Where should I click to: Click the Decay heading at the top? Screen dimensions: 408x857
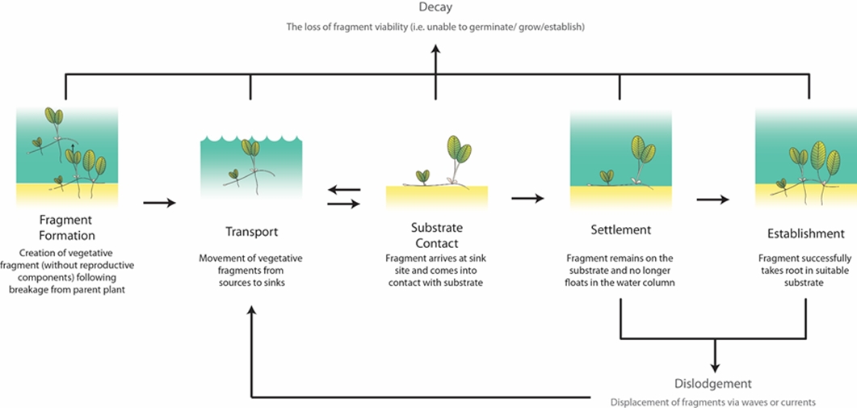tap(435, 8)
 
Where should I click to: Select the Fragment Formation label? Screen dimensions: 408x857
tap(67, 227)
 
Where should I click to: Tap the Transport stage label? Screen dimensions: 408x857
tap(250, 232)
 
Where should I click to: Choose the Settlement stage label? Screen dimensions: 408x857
tap(620, 230)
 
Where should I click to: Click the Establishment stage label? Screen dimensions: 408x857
tap(805, 234)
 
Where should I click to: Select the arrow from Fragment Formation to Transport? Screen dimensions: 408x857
tap(160, 202)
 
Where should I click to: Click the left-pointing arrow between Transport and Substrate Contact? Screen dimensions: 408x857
tap(343, 191)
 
